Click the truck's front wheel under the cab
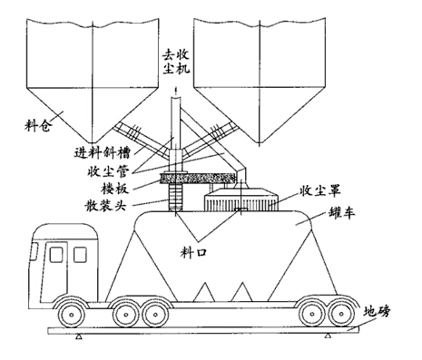point(74,314)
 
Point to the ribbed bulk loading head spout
point(172,195)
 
